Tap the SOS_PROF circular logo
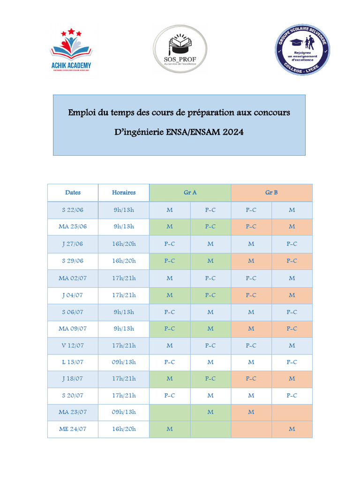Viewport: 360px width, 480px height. [180, 49]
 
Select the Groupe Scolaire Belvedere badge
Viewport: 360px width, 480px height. [302, 50]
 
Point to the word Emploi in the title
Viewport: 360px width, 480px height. [81, 112]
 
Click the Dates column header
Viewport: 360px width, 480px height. [73, 193]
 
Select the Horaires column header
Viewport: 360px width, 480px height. [124, 193]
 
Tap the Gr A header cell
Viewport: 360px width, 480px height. [190, 193]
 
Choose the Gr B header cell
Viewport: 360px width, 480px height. [271, 193]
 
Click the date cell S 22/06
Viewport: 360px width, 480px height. [73, 210]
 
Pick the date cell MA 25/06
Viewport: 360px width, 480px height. [73, 227]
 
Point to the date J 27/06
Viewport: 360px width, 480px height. [73, 244]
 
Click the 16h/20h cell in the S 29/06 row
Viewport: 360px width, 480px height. [124, 261]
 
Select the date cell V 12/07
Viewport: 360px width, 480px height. [73, 346]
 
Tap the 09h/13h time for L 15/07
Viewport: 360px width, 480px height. [124, 362]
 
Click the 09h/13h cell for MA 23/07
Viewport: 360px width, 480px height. [124, 412]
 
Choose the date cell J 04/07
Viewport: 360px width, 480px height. [73, 295]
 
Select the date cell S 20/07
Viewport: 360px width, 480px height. [73, 396]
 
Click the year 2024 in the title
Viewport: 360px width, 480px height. [233, 132]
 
